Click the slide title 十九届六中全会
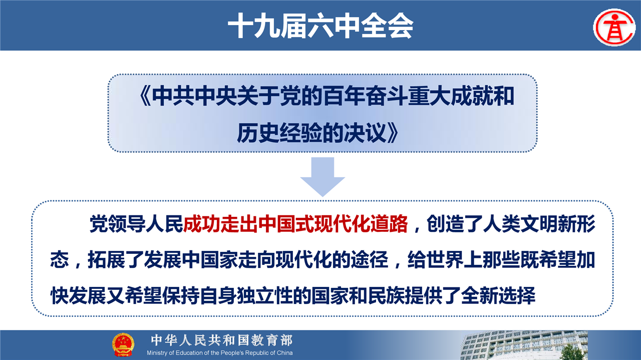(320, 26)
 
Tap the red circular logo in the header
(614, 28)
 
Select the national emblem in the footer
(123, 345)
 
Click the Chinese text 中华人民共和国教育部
(222, 340)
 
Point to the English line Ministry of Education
(219, 353)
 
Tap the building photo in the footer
(524, 345)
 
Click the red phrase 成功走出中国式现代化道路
(295, 224)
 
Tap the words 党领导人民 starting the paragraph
(136, 224)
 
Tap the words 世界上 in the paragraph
(454, 260)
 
